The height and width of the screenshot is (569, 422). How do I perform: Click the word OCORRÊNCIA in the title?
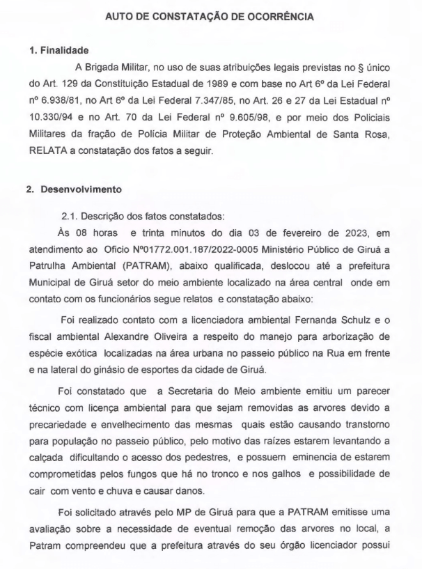pos(283,15)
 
